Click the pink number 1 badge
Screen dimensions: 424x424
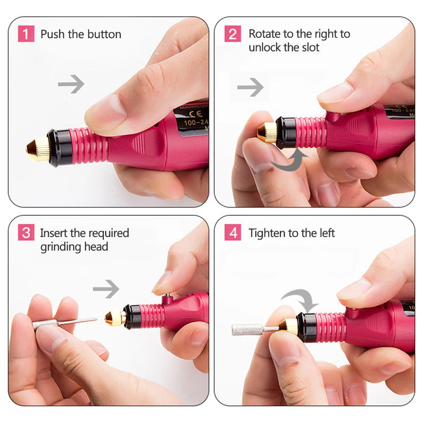[x=26, y=34]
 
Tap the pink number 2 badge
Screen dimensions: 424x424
[x=233, y=34]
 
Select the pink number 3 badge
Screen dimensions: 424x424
[x=26, y=233]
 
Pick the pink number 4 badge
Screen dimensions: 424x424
[x=233, y=233]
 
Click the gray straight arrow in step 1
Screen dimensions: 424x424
[x=71, y=84]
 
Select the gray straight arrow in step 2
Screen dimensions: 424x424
[x=250, y=87]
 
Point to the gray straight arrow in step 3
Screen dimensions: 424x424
[x=106, y=289]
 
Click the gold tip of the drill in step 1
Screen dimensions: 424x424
[x=38, y=149]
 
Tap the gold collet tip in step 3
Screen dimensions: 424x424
[x=114, y=317]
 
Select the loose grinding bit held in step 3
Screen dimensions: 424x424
[x=64, y=322]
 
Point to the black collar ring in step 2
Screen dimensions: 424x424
[x=286, y=132]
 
